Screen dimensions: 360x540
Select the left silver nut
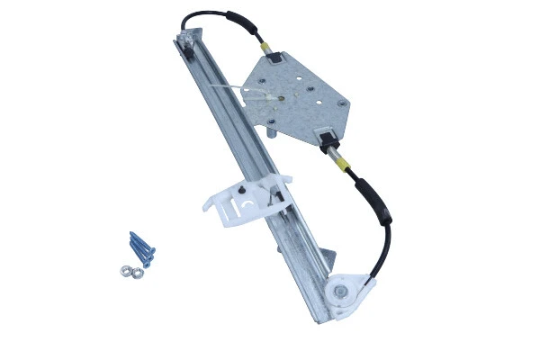[123, 270]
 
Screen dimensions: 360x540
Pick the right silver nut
[138, 266]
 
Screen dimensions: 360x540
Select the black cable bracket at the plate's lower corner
[326, 139]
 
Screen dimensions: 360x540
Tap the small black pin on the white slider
[243, 191]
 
